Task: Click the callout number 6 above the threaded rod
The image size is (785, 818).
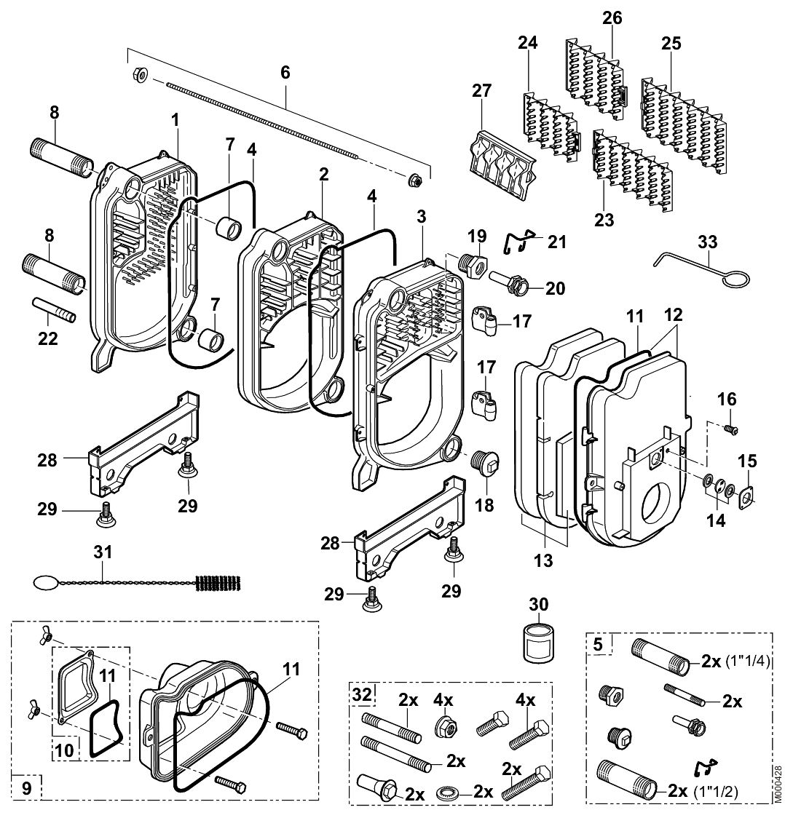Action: pyautogui.click(x=285, y=71)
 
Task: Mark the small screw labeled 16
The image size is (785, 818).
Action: pyautogui.click(x=731, y=431)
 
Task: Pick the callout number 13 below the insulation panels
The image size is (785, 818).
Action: pyautogui.click(x=543, y=560)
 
